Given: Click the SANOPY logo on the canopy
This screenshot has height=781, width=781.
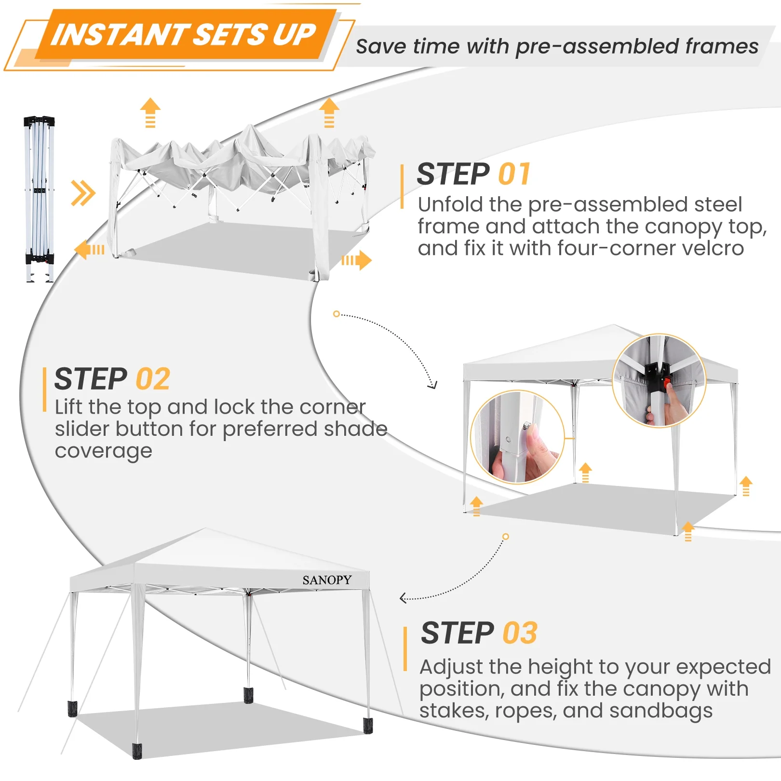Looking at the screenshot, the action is pos(327,580).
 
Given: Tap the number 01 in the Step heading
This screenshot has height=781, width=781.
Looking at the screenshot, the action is pos(514,174).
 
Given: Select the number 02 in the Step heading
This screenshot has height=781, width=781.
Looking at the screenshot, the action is pos(153,379).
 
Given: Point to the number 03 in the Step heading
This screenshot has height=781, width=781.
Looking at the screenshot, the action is pos(520,633).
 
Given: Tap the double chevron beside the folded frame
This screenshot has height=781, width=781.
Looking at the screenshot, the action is pos(83,193).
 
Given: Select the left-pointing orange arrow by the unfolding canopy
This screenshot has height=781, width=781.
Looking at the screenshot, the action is pos(90,249).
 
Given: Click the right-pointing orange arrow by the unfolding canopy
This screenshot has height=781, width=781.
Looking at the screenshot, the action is pos(357,260).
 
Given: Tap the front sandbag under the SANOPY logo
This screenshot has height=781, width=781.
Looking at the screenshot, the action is pos(368,726).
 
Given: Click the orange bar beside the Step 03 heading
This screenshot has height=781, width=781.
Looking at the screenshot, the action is pos(405,649).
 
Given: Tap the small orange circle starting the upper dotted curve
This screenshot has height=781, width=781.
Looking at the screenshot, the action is pos(337,314).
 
